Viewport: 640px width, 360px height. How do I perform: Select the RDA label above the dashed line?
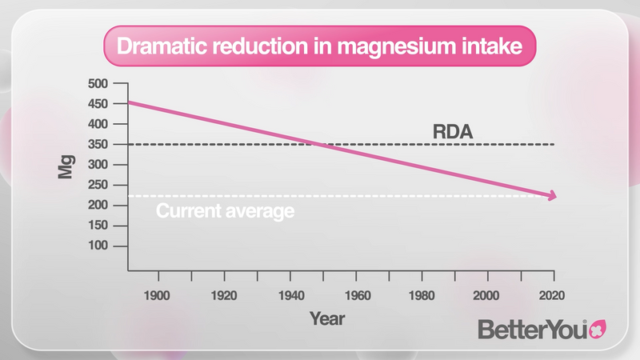[x=453, y=131]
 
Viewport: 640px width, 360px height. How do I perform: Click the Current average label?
[x=225, y=212]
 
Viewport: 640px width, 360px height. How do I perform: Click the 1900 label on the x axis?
[x=158, y=295]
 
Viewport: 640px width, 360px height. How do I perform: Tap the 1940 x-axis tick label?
[x=290, y=295]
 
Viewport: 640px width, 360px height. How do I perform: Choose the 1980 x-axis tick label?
[x=422, y=295]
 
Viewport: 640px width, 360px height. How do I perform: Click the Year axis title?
[x=326, y=319]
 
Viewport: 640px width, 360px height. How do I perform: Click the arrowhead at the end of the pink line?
[x=551, y=196]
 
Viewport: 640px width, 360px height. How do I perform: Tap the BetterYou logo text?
[x=533, y=329]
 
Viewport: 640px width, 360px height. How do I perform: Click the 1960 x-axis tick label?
[x=357, y=295]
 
